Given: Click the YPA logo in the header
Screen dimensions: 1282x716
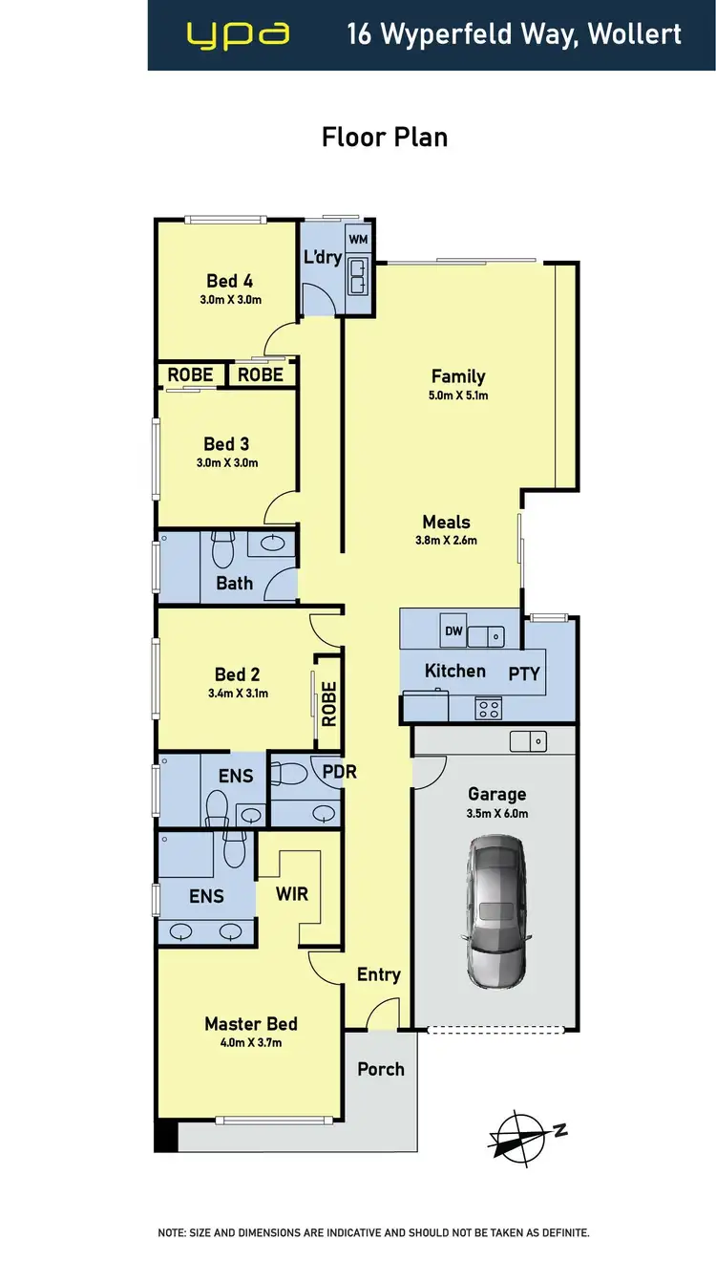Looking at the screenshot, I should [x=238, y=35].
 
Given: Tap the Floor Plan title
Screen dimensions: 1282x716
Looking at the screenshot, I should [x=385, y=138].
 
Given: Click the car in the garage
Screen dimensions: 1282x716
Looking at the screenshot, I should [x=495, y=913].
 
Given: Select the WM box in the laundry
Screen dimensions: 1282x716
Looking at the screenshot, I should [x=358, y=238].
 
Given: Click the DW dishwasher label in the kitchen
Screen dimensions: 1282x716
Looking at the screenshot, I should [x=453, y=631].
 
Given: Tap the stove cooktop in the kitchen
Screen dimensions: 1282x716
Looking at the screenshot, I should [x=489, y=708].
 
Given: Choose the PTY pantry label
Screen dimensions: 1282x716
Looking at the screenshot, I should [x=524, y=673].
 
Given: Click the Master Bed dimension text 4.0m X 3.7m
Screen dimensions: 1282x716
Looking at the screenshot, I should [x=251, y=1043].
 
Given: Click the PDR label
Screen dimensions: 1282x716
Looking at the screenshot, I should [x=339, y=771].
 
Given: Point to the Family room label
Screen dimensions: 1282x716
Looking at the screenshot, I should [x=458, y=376].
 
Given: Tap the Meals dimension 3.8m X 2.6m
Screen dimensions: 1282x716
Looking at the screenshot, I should [x=446, y=540].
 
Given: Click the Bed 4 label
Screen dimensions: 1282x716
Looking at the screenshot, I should [x=229, y=281].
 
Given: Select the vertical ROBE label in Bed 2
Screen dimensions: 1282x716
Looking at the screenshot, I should [x=328, y=703].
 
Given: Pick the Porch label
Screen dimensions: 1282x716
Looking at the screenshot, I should [x=381, y=1069].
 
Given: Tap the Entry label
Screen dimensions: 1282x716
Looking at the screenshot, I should [x=378, y=974].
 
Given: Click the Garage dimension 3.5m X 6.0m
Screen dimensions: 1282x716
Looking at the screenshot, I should [x=496, y=814].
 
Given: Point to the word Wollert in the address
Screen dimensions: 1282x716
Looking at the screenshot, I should [x=635, y=35].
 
